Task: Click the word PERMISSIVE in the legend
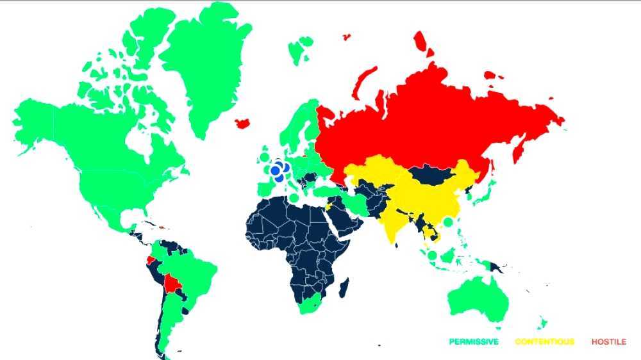pyautogui.click(x=473, y=342)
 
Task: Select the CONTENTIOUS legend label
pyautogui.click(x=544, y=342)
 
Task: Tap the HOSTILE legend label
pyautogui.click(x=608, y=342)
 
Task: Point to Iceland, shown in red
pyautogui.click(x=243, y=122)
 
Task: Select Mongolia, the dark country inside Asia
pyautogui.click(x=433, y=172)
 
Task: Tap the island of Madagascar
pyautogui.click(x=344, y=287)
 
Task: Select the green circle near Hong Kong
pyautogui.click(x=448, y=222)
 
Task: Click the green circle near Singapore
pyautogui.click(x=432, y=256)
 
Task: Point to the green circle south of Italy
pyautogui.click(x=294, y=198)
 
